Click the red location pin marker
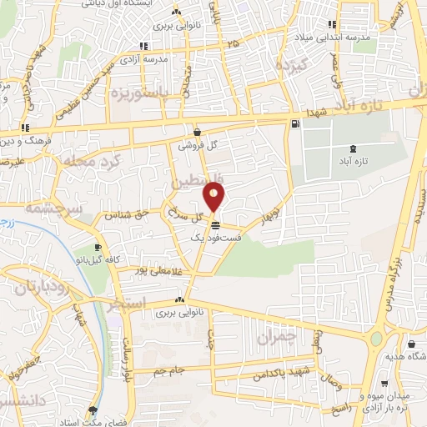[214, 197]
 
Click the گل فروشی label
[201, 145]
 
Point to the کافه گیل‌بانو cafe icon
[98, 248]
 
